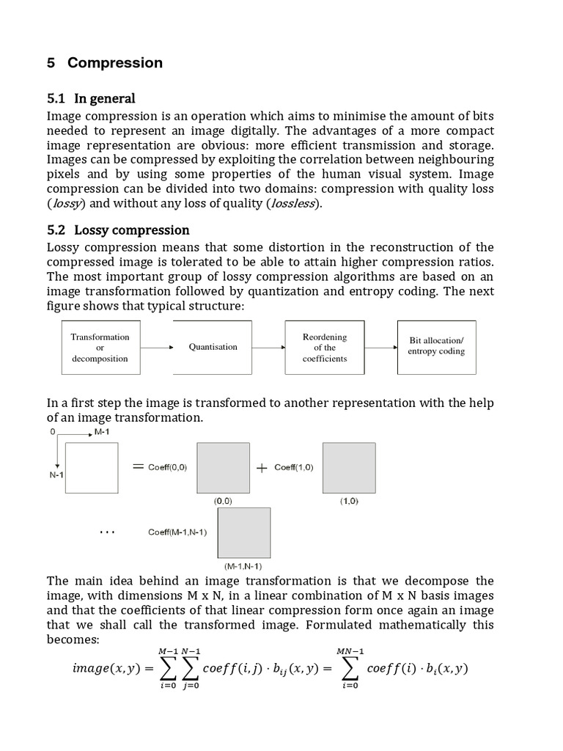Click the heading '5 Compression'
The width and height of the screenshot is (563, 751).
coord(105,63)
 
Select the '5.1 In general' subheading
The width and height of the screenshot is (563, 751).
coord(91,98)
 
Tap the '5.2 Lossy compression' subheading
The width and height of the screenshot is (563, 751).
coord(118,230)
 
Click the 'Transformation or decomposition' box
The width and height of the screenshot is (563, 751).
coord(100,348)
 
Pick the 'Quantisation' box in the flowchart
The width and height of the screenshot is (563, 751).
coord(213,348)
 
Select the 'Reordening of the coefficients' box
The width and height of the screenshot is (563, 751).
coord(324,348)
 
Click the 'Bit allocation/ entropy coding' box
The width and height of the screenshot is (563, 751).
coord(436,347)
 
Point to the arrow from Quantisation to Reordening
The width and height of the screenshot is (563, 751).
coord(268,348)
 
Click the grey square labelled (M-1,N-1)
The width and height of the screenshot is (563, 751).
coord(243,533)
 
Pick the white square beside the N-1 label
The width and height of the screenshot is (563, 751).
coord(92,468)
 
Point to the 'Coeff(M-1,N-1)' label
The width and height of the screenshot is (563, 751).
coord(177,532)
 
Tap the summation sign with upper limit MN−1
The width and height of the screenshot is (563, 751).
coord(350,668)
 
